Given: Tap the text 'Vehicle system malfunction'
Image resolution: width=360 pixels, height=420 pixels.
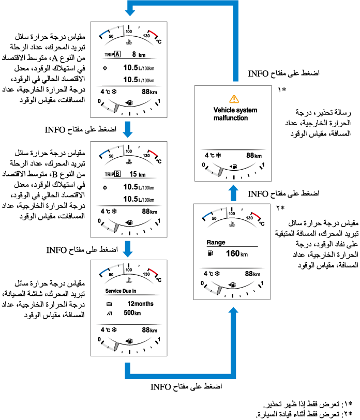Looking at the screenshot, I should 235,114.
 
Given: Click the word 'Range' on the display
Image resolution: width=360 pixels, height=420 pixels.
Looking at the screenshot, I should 215,242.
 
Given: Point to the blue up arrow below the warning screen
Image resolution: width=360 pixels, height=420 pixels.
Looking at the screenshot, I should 233,193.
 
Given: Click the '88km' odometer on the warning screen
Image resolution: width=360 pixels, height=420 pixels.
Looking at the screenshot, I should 252,155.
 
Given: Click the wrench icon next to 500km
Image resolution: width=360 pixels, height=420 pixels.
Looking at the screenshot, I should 109,313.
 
